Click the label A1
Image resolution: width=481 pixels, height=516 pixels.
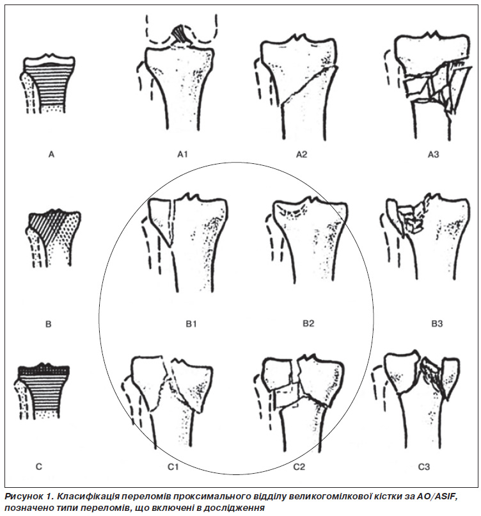coord(182,154)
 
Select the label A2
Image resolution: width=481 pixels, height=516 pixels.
coord(301,154)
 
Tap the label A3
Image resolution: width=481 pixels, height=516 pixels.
coord(433,154)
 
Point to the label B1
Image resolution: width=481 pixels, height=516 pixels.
coord(191,324)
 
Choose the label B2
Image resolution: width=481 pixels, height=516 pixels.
coord(308,323)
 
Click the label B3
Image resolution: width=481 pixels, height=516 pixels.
coord(437,324)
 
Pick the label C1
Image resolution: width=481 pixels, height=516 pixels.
coord(173,467)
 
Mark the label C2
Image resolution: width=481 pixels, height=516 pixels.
coord(299,467)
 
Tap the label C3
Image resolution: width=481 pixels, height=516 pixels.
coord(424,467)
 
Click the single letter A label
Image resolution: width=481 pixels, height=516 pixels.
coord(51,154)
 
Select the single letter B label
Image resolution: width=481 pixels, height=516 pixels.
coord(49,324)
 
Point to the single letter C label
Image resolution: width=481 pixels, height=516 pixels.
coord(39,467)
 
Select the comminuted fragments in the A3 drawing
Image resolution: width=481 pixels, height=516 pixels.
coord(438,87)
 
